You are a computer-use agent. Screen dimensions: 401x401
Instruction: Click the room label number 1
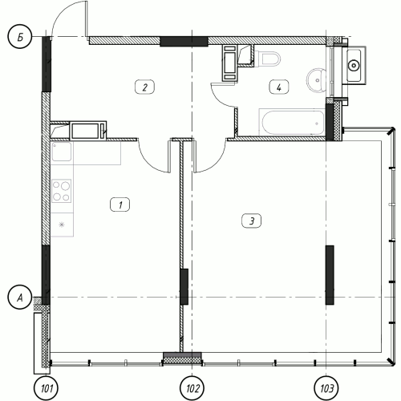[120, 205]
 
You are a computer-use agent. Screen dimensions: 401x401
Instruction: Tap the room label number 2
[144, 87]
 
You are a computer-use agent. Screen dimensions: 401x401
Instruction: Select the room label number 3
[252, 221]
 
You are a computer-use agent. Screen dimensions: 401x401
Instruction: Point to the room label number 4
[279, 87]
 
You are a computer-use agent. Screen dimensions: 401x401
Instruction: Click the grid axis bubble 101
[47, 388]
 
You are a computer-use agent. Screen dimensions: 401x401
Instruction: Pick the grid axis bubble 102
[192, 388]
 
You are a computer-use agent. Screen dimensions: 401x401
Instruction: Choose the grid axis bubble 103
[326, 388]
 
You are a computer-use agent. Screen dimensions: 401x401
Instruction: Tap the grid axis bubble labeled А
[20, 298]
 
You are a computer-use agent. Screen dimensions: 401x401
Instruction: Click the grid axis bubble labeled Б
[20, 37]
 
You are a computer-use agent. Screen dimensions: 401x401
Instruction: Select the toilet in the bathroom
[267, 59]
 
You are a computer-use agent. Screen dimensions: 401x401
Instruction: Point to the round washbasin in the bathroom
[316, 80]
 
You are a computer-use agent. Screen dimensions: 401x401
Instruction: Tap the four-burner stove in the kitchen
[62, 191]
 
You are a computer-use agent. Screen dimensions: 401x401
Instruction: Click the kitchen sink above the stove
[62, 152]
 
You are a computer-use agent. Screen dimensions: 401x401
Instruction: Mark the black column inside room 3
[330, 275]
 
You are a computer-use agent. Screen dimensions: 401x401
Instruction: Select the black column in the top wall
[184, 42]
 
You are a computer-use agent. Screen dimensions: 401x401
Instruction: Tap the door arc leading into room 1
[152, 160]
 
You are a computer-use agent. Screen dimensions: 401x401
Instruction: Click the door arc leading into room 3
[214, 160]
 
